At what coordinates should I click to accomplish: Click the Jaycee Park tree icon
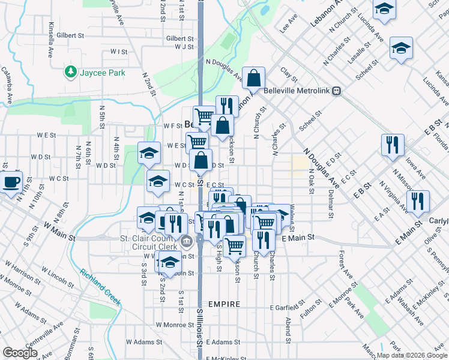tap(71, 73)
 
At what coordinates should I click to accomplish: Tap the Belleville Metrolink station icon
tap(338, 91)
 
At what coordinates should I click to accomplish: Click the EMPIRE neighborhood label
tap(224, 304)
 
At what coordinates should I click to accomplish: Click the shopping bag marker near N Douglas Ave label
tap(255, 79)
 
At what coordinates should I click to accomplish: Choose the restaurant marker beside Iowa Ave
tap(393, 145)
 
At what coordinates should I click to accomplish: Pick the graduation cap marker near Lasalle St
tap(401, 48)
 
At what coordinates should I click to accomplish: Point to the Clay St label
tap(289, 75)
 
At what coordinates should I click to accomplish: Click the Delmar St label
tap(331, 204)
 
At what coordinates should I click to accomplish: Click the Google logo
tap(20, 353)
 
